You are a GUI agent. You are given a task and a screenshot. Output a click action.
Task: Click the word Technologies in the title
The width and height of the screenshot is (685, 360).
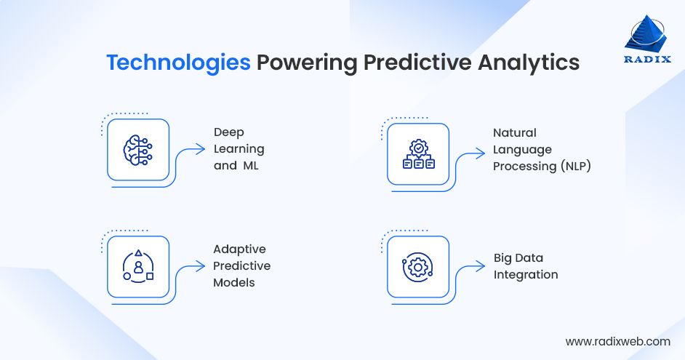click(178, 63)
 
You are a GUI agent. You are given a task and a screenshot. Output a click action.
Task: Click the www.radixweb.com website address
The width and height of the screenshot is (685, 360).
click(617, 340)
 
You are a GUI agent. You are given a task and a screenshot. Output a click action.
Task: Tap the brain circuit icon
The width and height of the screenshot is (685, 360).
click(138, 150)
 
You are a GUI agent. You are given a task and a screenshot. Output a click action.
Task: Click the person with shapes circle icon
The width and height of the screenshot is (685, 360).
click(138, 266)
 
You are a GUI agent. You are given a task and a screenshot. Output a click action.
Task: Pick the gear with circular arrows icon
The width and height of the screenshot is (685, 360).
click(418, 266)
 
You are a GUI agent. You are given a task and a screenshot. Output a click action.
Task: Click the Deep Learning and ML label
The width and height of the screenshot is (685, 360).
click(239, 149)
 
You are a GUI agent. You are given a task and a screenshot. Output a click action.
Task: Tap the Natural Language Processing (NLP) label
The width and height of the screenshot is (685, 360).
click(542, 149)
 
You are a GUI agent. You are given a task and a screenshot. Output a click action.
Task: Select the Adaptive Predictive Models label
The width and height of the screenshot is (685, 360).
click(241, 265)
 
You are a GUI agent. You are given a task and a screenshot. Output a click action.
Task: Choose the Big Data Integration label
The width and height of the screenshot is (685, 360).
click(526, 266)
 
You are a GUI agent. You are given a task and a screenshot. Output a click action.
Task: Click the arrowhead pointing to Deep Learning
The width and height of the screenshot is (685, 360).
click(202, 151)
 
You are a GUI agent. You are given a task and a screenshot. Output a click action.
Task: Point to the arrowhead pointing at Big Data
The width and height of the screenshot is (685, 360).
click(481, 265)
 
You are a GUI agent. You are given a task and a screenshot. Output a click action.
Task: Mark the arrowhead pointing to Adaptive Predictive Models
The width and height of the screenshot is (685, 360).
click(202, 267)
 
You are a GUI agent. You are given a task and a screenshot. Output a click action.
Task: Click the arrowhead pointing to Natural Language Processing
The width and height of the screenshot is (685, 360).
click(481, 153)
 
